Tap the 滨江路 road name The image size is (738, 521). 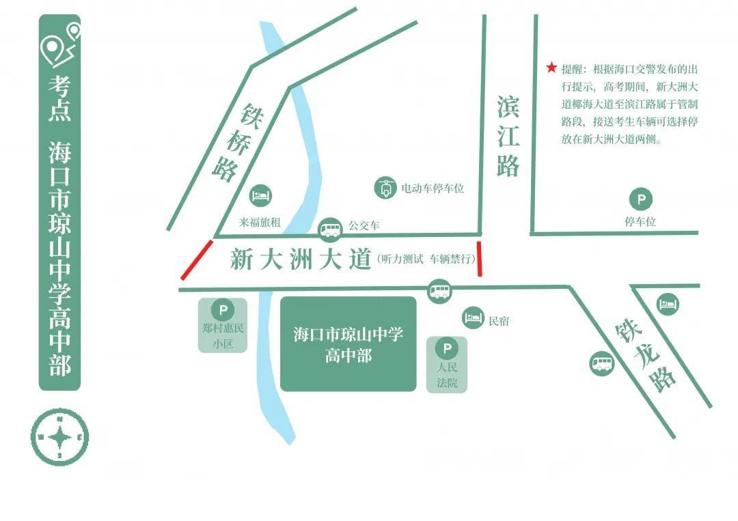pos(508,137)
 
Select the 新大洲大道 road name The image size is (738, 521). pos(301,259)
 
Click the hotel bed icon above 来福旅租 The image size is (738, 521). pos(260,196)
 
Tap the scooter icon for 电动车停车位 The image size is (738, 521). pos(385,188)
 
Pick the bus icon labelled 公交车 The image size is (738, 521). pos(331,228)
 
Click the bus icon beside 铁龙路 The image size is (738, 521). pos(601,363)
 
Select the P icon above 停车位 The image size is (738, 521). pos(640,200)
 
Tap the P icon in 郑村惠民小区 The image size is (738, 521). pos(223,309)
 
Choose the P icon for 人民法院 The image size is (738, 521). pos(447,350)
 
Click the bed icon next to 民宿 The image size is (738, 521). pos(474,317)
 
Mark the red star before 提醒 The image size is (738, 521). pos(551,68)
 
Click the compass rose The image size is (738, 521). pos(60,436)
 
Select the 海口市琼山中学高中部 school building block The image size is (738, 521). pos(348,343)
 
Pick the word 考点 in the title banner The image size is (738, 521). pos(59,99)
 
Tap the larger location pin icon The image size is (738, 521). pos(53,48)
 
